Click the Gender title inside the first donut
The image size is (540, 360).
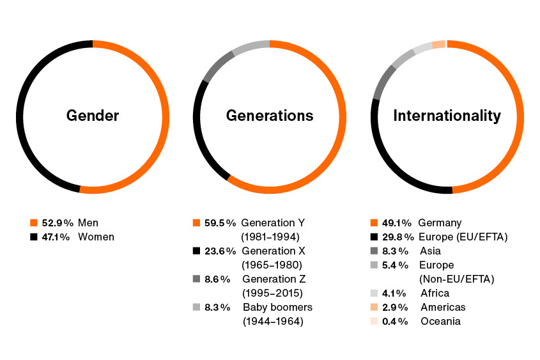click(93, 116)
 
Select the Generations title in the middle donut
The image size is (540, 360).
click(270, 116)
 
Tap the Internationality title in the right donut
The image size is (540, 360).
click(447, 116)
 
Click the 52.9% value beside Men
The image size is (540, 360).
click(56, 223)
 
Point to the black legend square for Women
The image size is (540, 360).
click(34, 237)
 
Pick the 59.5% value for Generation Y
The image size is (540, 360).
click(220, 223)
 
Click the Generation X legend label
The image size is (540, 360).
click(274, 251)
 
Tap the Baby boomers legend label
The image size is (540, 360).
click(277, 308)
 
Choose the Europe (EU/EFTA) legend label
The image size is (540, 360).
click(463, 237)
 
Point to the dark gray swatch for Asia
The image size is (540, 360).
click(374, 251)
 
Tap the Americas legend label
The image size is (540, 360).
click(443, 308)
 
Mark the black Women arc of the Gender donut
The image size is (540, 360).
click(22, 128)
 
